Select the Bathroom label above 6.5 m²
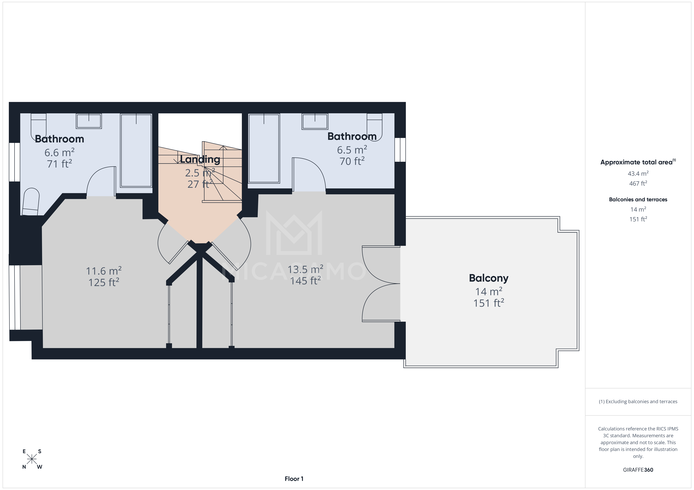point(352,137)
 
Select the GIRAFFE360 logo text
point(638,470)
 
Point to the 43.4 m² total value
point(638,174)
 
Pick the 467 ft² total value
point(638,183)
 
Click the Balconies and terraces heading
point(638,200)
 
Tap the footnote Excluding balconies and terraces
point(638,402)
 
